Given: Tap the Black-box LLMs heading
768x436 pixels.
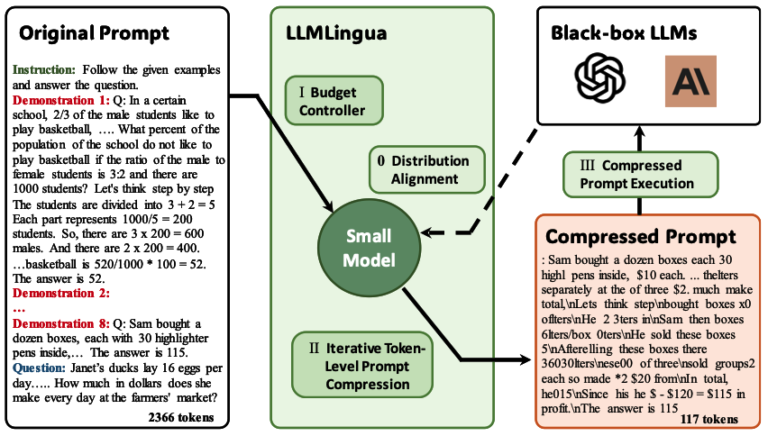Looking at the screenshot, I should [x=628, y=33].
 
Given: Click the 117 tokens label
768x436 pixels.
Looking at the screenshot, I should [x=709, y=418].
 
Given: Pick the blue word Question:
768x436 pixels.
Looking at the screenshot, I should [x=39, y=379].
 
